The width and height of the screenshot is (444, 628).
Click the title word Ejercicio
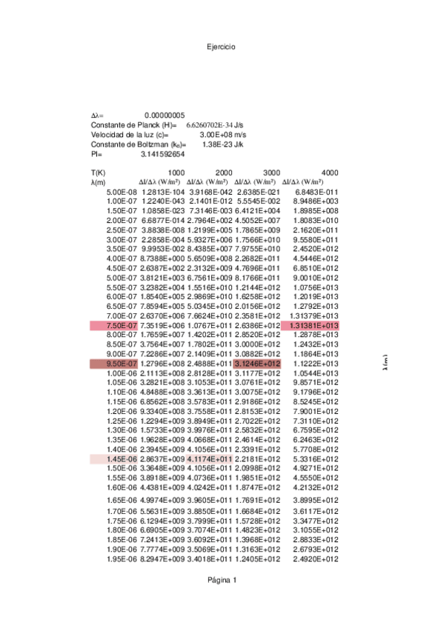tap(222, 47)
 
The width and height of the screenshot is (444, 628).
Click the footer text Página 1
tap(222, 580)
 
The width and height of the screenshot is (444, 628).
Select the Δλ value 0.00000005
tap(165, 116)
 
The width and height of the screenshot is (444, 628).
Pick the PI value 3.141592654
tap(162, 154)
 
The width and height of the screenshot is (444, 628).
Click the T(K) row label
tap(99, 172)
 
